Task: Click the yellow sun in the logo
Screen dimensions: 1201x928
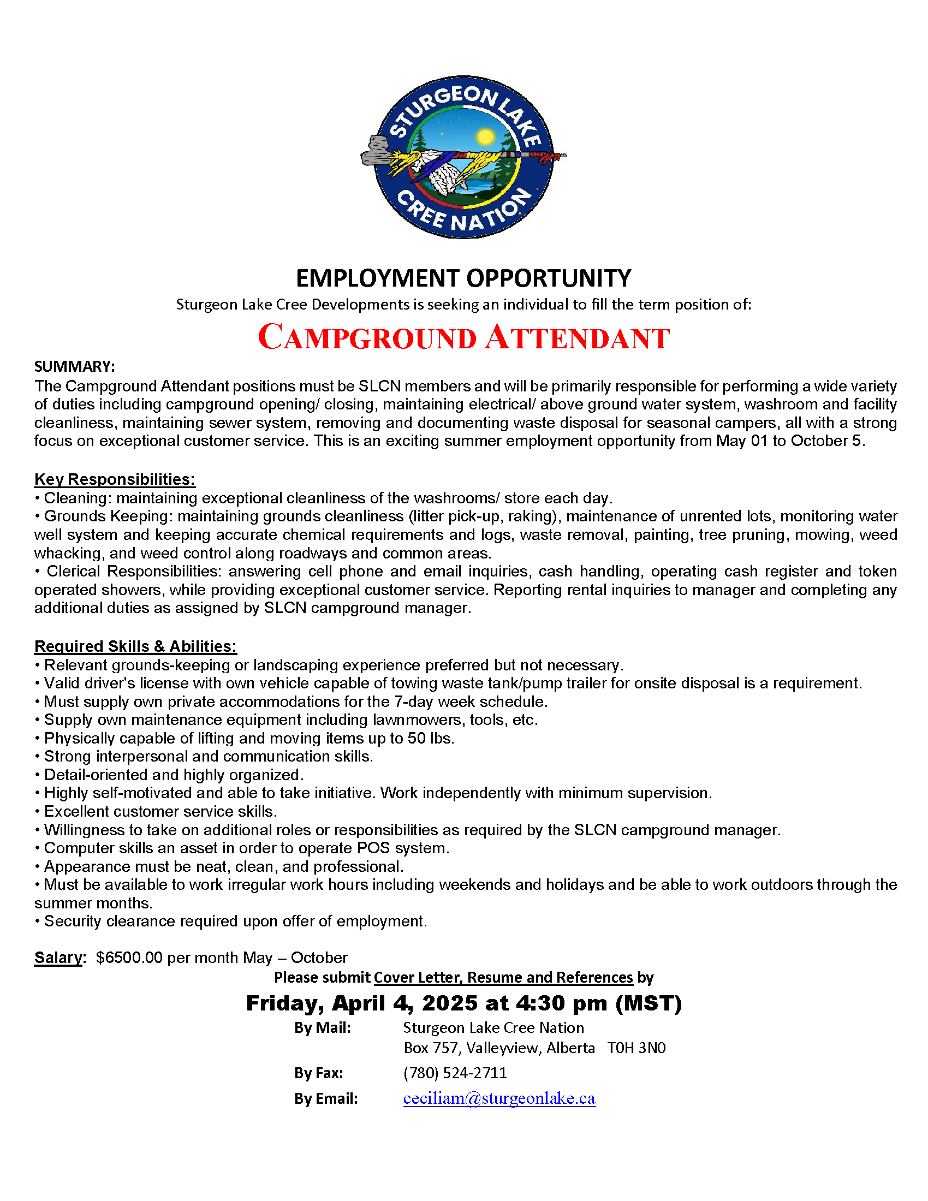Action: coord(485,136)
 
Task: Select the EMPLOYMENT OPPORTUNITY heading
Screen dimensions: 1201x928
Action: coord(463,278)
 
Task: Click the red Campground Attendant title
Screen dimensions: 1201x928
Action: coord(463,337)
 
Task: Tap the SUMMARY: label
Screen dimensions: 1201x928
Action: coord(75,367)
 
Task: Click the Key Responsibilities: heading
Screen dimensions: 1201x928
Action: coord(114,479)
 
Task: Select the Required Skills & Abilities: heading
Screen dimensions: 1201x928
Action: coord(135,646)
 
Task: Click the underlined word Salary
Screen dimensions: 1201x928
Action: coord(58,958)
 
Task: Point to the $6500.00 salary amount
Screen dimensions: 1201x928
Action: coord(129,958)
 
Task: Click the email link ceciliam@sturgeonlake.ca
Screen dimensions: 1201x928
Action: coord(499,1098)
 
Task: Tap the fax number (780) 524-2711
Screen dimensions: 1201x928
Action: coord(455,1073)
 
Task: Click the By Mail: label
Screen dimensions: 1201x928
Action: coord(322,1028)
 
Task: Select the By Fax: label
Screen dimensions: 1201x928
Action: coord(319,1073)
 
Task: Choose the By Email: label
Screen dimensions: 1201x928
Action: coord(326,1099)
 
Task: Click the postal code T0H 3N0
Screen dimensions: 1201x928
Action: coord(636,1048)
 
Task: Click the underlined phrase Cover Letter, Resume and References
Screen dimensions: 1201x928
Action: coord(503,978)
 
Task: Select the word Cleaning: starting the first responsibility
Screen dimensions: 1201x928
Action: coord(78,498)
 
